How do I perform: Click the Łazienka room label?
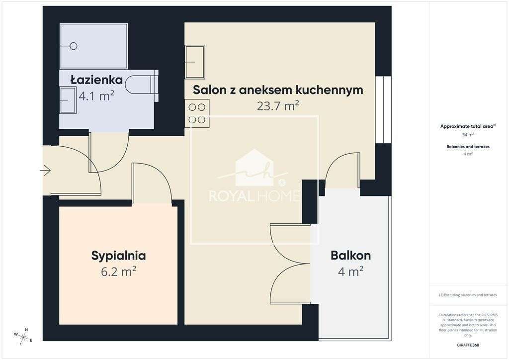(x=96, y=80)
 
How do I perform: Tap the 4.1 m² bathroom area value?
(x=96, y=95)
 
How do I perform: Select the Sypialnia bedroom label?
(x=118, y=256)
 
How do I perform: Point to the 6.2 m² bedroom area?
(x=118, y=271)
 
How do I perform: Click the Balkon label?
(x=350, y=256)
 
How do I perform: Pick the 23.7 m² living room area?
(x=278, y=106)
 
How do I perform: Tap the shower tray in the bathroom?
(x=94, y=46)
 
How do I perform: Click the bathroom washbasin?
(x=68, y=100)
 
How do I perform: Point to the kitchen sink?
(x=195, y=62)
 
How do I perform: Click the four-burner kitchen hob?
(x=197, y=113)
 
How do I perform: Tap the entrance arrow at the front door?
(x=45, y=171)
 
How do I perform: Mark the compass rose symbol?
(x=23, y=337)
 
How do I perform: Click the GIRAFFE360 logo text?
(x=468, y=345)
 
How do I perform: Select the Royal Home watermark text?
(x=254, y=195)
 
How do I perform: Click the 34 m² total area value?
(x=468, y=135)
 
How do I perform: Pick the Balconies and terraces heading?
(x=468, y=147)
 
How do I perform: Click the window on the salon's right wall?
(x=383, y=110)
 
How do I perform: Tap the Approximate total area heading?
(x=468, y=126)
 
